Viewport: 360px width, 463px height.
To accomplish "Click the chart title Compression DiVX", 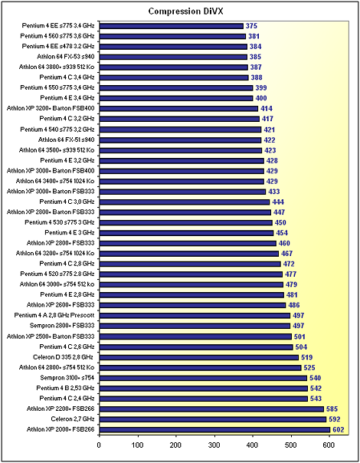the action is point(185,11).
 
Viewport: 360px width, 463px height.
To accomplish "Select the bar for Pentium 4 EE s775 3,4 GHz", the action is point(172,26).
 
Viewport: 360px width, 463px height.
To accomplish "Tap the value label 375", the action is point(251,26).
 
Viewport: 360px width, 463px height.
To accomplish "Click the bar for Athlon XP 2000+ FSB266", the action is point(214,429).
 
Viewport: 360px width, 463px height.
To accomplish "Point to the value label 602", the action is point(338,429).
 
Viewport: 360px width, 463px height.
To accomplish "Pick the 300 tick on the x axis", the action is point(214,445).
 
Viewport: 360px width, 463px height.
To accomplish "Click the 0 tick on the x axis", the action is point(99,445).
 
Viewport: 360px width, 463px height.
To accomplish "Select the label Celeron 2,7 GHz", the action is point(73,419).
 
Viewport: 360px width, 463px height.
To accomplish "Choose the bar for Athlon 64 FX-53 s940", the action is point(173,57).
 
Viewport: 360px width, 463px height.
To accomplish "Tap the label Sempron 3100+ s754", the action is point(67,378).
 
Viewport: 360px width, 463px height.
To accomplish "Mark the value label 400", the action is point(261,98).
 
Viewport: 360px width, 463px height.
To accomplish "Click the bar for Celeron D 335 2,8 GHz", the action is point(199,357).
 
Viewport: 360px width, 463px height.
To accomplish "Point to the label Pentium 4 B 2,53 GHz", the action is point(66,388).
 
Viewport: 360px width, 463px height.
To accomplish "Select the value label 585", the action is point(332,409).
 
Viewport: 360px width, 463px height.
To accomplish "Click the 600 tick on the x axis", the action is point(329,445).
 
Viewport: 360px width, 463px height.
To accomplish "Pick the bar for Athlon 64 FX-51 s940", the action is point(180,140).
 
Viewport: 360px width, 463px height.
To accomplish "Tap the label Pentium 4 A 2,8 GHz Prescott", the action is point(54,315).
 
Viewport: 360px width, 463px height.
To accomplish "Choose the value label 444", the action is point(278,202).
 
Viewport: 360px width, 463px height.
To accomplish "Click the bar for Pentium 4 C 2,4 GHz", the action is point(204,399).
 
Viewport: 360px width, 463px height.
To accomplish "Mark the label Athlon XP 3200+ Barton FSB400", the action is point(51,108).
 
